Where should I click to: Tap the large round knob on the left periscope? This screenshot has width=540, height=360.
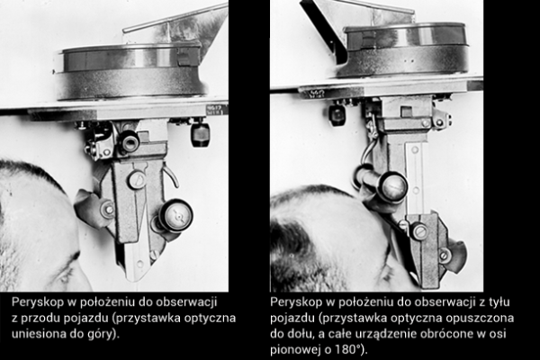tap(175, 216)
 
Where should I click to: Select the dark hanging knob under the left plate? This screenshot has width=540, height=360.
tap(200, 134)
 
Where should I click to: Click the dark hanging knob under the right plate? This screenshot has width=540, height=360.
tap(337, 114)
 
